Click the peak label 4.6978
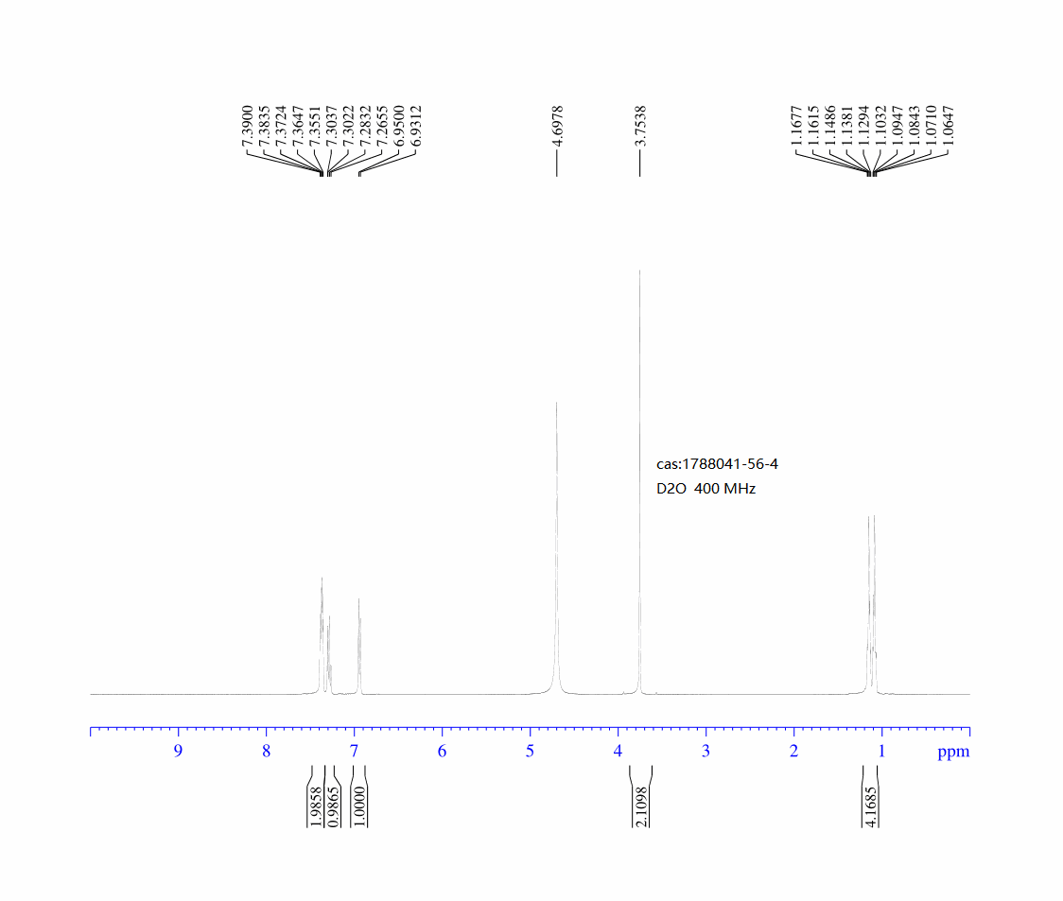tap(557, 126)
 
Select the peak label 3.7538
tap(640, 126)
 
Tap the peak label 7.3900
tap(248, 126)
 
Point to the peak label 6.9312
tap(416, 126)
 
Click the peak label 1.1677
tap(796, 126)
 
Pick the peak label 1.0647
tap(949, 126)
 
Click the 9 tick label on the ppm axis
tap(179, 752)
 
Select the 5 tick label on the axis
tap(531, 752)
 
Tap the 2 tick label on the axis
tap(793, 752)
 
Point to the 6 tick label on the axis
tap(442, 752)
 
